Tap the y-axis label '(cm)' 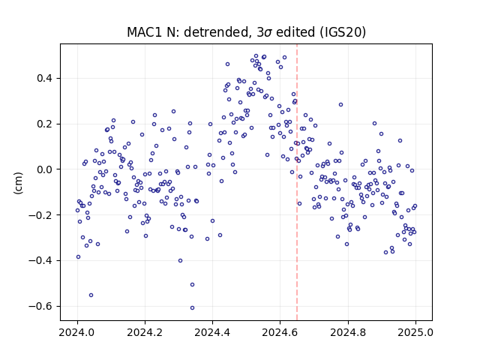tap(18, 183)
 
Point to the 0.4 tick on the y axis tap(45, 78)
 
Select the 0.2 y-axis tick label tap(45, 124)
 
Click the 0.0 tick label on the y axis tap(45, 169)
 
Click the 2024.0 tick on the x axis tap(76, 332)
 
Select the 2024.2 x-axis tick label tap(145, 332)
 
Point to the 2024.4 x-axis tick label tap(212, 332)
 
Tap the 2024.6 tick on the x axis tap(280, 332)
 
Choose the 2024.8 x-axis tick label tap(348, 332)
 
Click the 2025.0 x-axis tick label tap(415, 332)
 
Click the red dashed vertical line tap(297, 182)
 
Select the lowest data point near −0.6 tap(192, 308)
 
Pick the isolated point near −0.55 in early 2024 tap(91, 295)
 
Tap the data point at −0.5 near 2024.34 tap(192, 285)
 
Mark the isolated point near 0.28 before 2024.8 tap(340, 105)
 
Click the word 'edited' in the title tap(295, 32)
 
